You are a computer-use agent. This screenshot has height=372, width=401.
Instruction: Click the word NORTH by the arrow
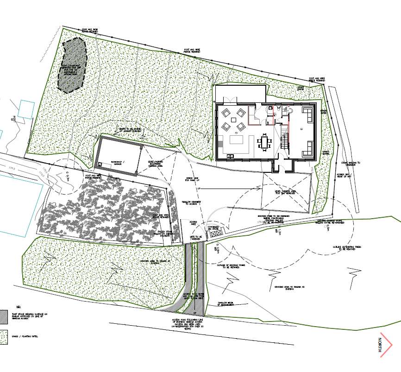click(380, 345)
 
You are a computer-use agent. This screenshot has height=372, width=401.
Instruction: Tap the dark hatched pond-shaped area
click(72, 63)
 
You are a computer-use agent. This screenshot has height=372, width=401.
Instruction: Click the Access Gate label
click(194, 224)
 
